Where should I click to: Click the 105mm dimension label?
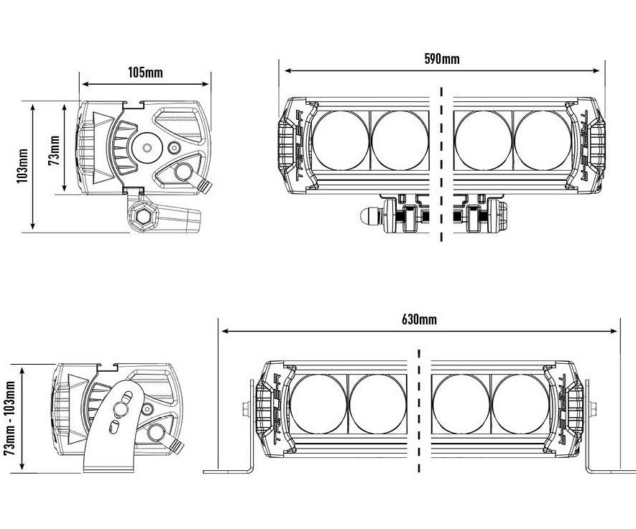click(146, 72)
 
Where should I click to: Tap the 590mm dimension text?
click(442, 59)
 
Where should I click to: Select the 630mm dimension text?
click(419, 319)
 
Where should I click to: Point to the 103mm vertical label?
click(23, 167)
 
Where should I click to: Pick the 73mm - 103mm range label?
click(10, 418)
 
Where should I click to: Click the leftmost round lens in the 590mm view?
click(341, 140)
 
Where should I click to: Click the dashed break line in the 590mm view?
click(441, 165)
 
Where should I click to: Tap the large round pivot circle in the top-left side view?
click(147, 148)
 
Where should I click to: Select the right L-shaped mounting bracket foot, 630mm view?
click(609, 468)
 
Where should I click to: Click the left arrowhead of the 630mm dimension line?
click(224, 332)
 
